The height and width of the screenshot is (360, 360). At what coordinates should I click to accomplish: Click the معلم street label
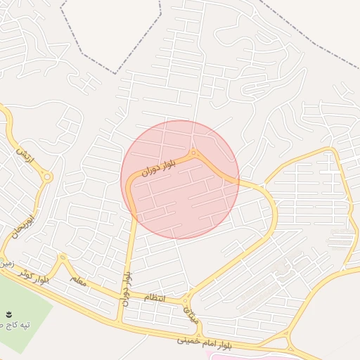click(x=78, y=280)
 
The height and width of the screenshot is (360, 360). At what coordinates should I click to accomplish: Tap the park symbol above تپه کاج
click(x=9, y=314)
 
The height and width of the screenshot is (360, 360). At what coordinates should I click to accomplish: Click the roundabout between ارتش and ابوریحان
click(x=46, y=177)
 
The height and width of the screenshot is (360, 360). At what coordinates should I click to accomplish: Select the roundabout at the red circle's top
click(x=193, y=153)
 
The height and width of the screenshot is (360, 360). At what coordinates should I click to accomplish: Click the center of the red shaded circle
click(x=180, y=179)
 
